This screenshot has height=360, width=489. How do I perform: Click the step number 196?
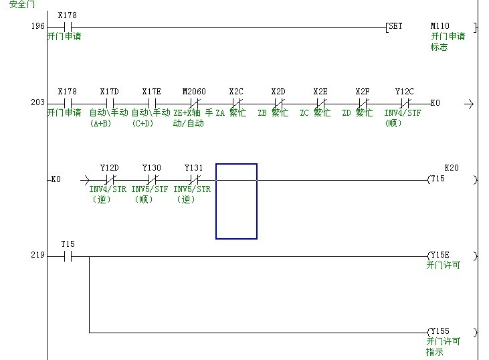pos(37,27)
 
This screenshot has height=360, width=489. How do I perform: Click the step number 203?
pos(37,103)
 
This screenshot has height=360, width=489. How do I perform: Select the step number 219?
pos(37,256)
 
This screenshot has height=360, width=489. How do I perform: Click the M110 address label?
pos(440,27)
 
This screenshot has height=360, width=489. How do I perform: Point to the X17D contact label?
pos(109,92)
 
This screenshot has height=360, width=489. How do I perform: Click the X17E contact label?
pos(151,92)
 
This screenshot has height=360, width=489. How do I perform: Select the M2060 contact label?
pos(194,92)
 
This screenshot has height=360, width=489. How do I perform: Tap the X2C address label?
pos(236,92)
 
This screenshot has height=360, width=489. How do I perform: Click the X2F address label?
pos(363,92)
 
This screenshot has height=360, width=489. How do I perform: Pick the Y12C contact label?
pos(404,92)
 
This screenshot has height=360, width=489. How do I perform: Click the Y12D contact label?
pos(109,168)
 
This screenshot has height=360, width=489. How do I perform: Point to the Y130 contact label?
pos(151,168)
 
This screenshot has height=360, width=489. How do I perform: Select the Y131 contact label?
pos(193,168)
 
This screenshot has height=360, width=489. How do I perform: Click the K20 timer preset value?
pos(452,168)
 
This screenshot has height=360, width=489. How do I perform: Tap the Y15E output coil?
pos(439,256)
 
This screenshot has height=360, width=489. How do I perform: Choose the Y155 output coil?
pos(439,332)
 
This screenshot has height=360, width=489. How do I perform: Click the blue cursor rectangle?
pos(236,201)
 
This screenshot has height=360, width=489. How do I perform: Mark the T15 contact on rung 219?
pos(67,256)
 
